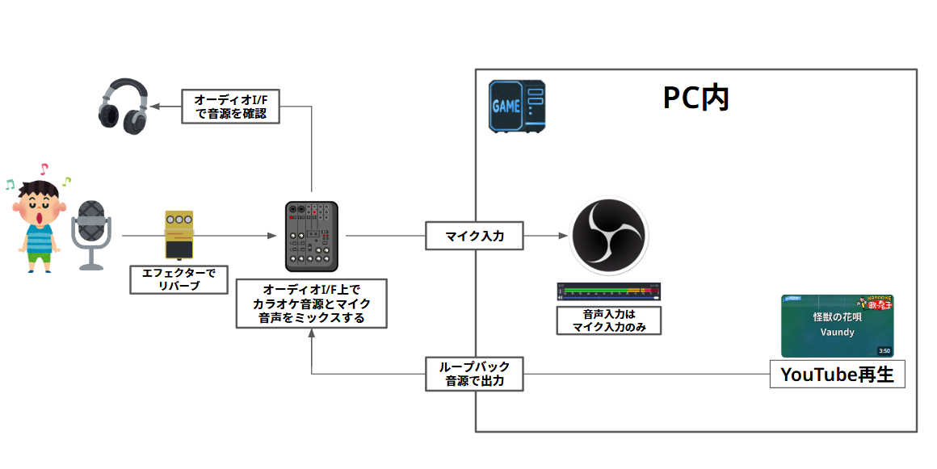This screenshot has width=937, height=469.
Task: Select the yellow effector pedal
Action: click(179, 236)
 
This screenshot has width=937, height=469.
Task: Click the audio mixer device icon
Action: click(312, 237)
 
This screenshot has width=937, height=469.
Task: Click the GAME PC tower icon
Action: click(517, 106)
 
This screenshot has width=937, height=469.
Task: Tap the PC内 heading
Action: click(695, 98)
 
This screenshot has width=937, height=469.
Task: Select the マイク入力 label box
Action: click(474, 237)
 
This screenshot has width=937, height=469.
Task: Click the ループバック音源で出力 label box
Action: click(474, 374)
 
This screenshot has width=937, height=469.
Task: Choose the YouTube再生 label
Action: click(837, 375)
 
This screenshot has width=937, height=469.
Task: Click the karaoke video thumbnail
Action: click(837, 325)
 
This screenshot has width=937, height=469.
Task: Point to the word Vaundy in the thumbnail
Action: click(837, 332)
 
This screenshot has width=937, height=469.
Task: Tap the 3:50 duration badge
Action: click(884, 351)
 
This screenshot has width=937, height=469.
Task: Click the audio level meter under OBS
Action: click(609, 291)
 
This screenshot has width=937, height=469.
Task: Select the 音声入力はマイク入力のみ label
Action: click(609, 320)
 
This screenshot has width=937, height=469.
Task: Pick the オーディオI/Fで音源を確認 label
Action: click(231, 107)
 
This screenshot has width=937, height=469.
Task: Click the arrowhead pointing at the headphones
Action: click(155, 107)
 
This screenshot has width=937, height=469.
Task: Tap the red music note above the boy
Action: click(44, 170)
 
